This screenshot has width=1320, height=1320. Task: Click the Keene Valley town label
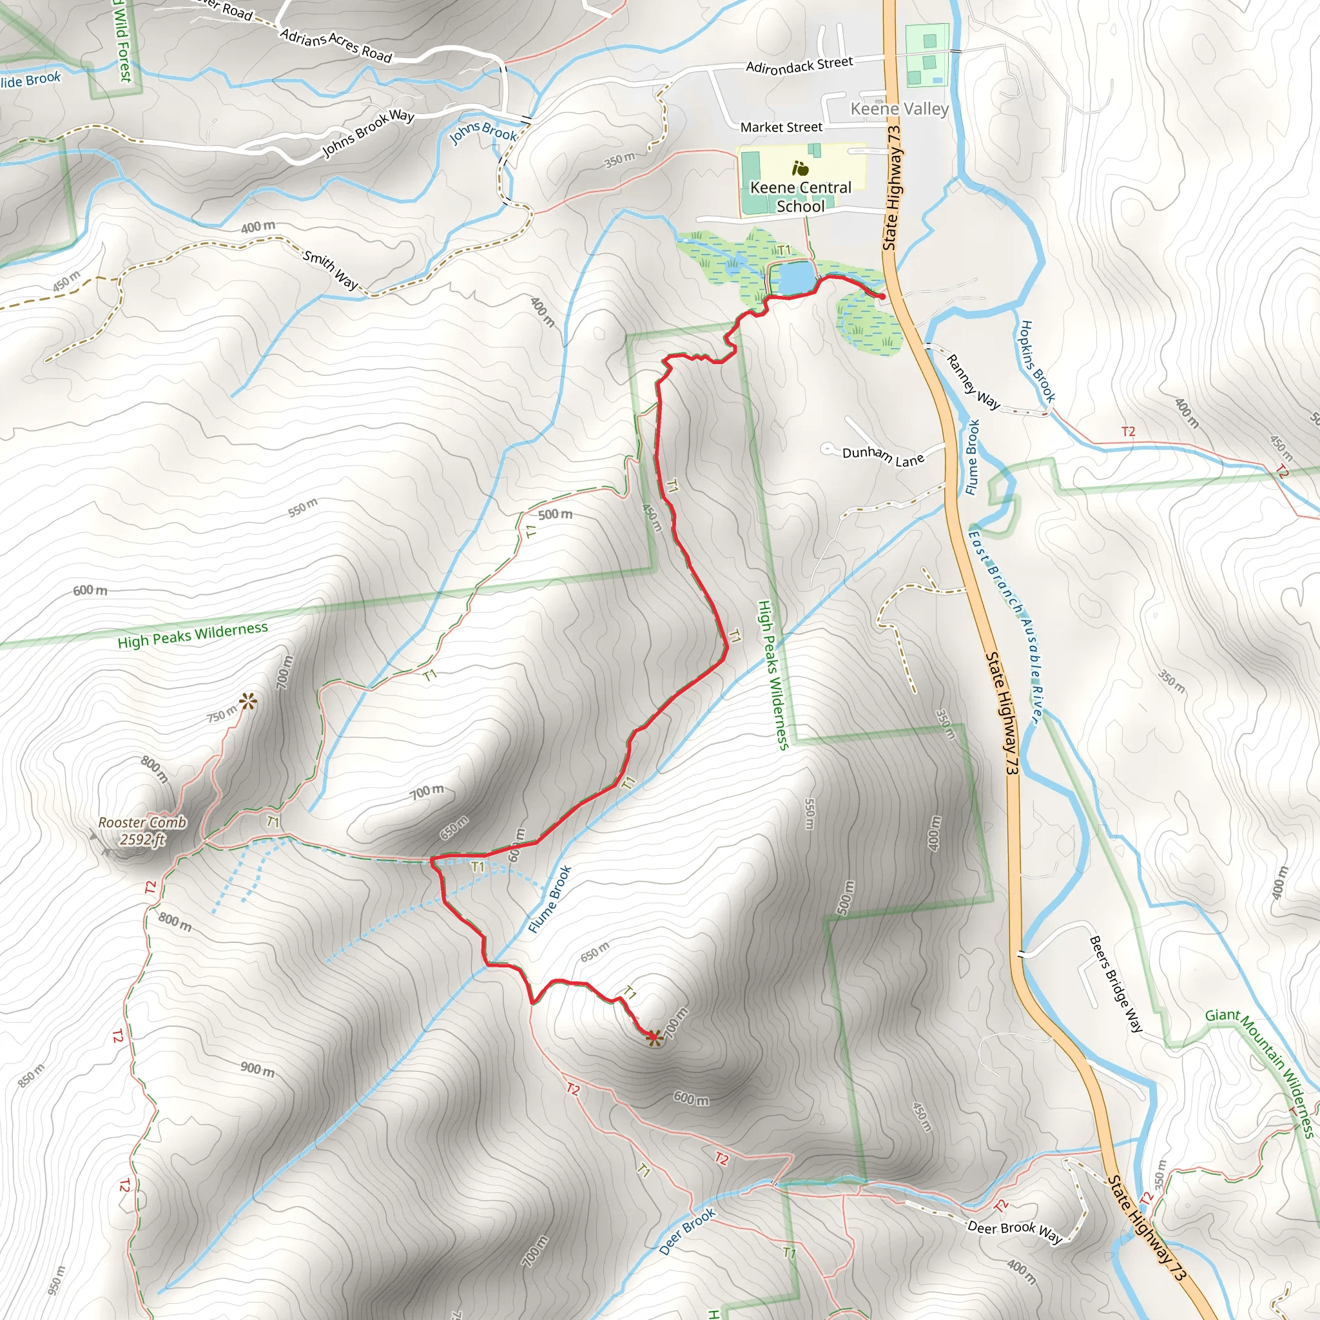(899, 109)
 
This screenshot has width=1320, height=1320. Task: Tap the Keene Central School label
(801, 197)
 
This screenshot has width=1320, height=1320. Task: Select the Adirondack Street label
(799, 65)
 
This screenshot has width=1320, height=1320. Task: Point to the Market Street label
(781, 127)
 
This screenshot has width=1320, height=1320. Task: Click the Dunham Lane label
(883, 456)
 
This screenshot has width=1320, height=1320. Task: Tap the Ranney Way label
(973, 382)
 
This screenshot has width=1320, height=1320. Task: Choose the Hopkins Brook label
(1037, 362)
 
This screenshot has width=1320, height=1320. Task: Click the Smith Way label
(331, 270)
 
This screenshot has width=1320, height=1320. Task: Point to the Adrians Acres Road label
(336, 46)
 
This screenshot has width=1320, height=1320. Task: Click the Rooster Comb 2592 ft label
(142, 831)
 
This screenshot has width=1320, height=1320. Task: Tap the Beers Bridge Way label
(1115, 984)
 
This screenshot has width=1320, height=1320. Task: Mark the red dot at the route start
(882, 296)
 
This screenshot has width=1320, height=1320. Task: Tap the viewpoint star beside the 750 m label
(247, 701)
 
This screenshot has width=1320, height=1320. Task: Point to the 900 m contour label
(258, 1069)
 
